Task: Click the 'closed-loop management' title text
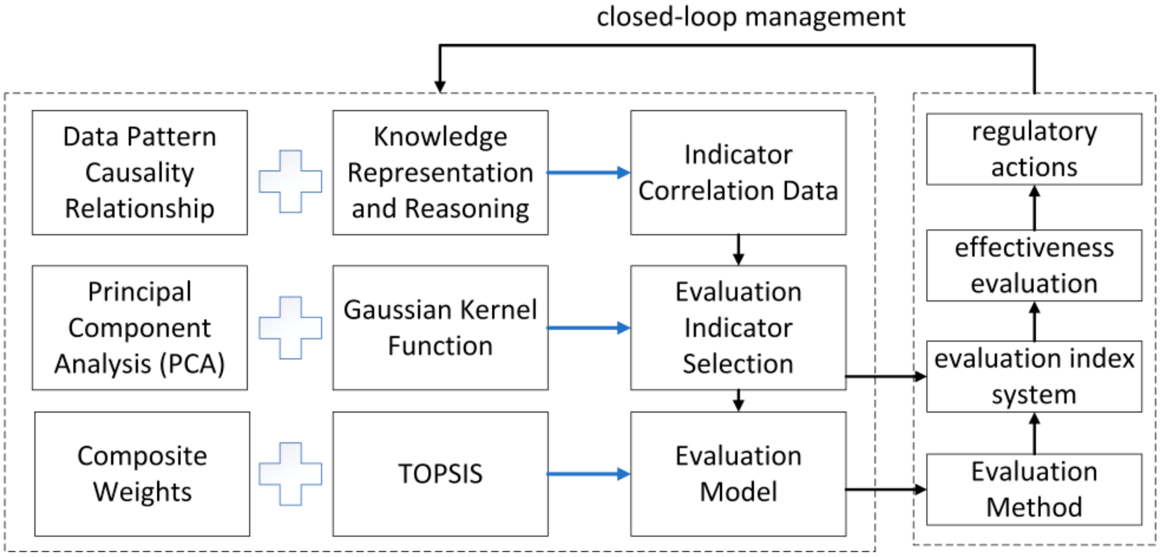(751, 17)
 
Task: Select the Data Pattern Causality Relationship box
(140, 172)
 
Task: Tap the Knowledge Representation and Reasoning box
(440, 172)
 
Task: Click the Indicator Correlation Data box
(738, 172)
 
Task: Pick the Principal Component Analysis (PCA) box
(140, 327)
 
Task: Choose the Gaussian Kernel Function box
(440, 327)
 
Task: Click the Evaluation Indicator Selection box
(738, 327)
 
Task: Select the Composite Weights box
(142, 473)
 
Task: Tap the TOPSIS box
(440, 473)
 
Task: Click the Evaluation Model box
(738, 473)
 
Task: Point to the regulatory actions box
(1034, 149)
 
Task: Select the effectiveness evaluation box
(1034, 265)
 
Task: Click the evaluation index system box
(1034, 376)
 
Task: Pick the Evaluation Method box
(1034, 489)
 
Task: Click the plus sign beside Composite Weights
(290, 473)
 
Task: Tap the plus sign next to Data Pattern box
(290, 181)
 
